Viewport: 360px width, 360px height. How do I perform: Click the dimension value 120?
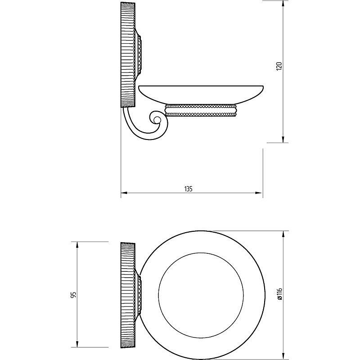pyautogui.click(x=279, y=66)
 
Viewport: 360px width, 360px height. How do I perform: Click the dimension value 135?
pyautogui.click(x=188, y=189)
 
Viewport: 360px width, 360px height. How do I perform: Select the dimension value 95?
pyautogui.click(x=73, y=295)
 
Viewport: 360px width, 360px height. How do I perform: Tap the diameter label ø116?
pyautogui.click(x=279, y=294)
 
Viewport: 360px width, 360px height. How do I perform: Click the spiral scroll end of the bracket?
pyautogui.click(x=157, y=120)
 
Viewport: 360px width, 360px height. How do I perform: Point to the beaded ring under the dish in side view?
pyautogui.click(x=201, y=110)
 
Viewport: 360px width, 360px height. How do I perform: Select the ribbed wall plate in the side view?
pyautogui.click(x=128, y=54)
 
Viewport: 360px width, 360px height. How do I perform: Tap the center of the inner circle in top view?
pyautogui.click(x=201, y=296)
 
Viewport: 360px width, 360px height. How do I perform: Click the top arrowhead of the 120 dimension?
pyautogui.click(x=283, y=4)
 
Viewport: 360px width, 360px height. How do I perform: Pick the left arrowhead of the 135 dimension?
pyautogui.click(x=124, y=193)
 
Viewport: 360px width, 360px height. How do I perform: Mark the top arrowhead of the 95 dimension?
pyautogui.click(x=77, y=245)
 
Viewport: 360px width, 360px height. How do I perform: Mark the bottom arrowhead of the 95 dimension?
pyautogui.click(x=77, y=344)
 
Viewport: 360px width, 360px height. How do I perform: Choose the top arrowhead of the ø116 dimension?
pyautogui.click(x=283, y=234)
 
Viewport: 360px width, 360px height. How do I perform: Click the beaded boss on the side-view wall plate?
pyautogui.click(x=139, y=54)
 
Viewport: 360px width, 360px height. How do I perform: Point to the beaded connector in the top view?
pyautogui.click(x=139, y=296)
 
